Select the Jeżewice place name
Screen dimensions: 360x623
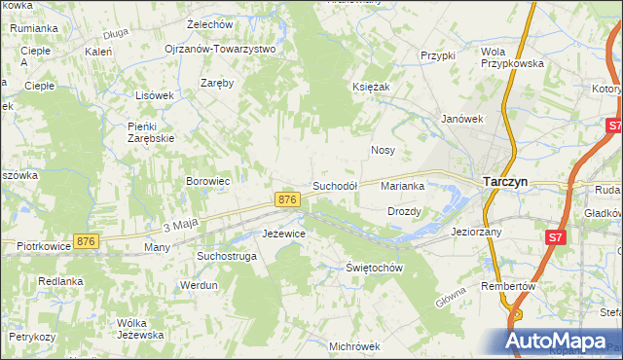(284, 234)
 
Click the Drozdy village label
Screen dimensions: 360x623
(404, 211)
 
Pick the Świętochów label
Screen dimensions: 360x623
(375, 268)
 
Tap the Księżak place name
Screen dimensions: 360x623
(371, 87)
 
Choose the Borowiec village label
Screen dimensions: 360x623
(207, 181)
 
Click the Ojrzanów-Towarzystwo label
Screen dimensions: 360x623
(220, 48)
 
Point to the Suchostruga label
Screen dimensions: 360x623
(226, 256)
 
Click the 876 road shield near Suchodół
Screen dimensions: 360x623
(286, 199)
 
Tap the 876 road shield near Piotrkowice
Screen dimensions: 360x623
(87, 241)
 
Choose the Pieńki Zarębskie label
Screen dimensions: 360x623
(151, 131)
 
